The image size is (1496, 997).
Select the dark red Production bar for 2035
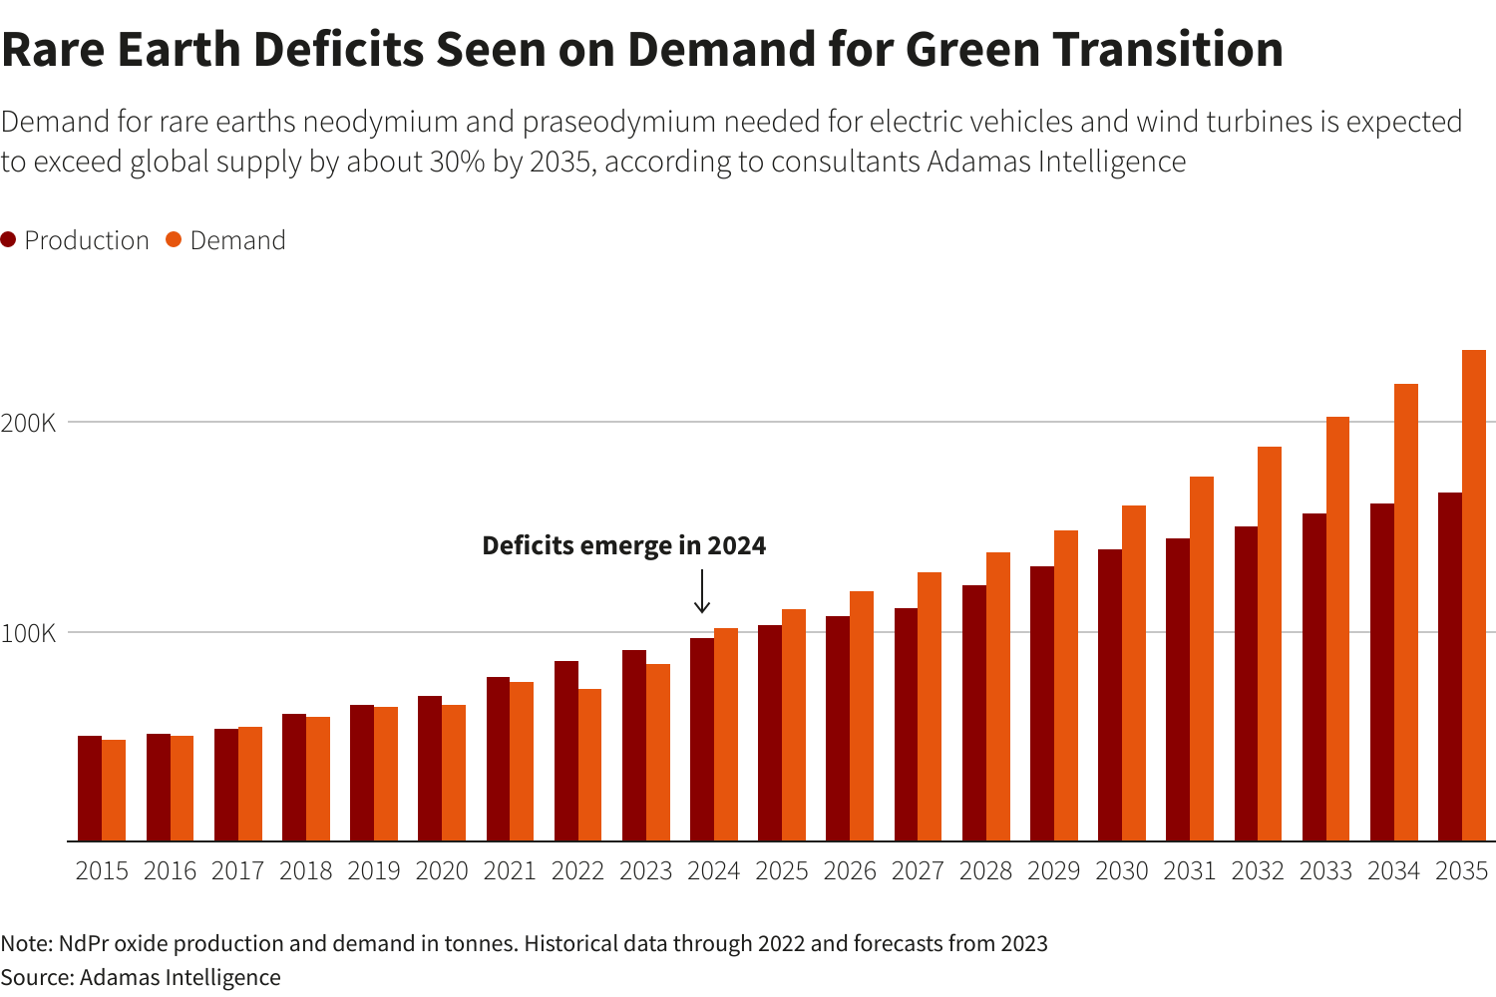1450,667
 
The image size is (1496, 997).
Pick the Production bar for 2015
90,789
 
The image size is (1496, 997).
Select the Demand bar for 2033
1337,629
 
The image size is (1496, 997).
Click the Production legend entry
75,240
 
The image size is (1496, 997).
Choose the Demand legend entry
226,240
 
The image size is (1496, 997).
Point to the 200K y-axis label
28,423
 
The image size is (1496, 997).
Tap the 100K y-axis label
28,633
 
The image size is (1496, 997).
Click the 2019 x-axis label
374,870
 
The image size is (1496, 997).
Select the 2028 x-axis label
985,870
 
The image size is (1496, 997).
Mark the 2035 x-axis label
1461,870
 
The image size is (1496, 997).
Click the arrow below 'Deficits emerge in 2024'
702,591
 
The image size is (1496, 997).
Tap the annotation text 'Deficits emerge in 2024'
623,545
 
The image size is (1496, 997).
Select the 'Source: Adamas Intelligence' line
141,977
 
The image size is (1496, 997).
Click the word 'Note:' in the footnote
27,943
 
